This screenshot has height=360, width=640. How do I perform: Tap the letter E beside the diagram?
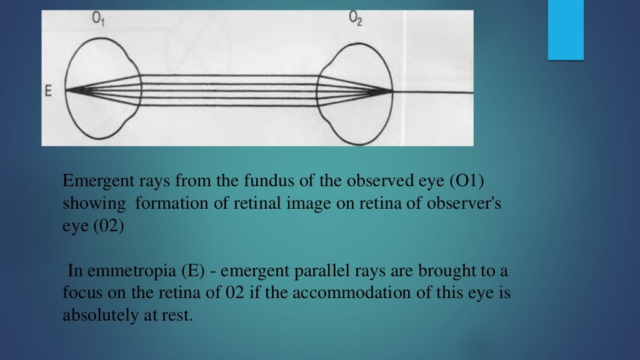[x=48, y=91]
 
